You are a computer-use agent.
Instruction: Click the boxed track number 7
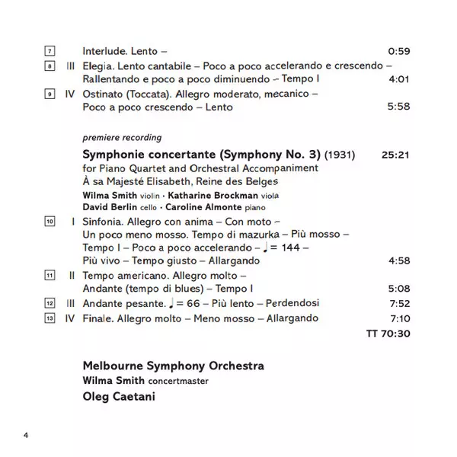click(x=50, y=52)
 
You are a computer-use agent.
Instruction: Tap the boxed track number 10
click(x=50, y=221)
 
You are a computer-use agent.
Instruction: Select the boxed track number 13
click(x=50, y=318)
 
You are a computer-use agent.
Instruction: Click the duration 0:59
click(x=399, y=52)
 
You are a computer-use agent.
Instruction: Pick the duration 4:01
click(x=399, y=79)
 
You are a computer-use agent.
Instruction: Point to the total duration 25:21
click(x=396, y=155)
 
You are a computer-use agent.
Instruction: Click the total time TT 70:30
click(x=388, y=333)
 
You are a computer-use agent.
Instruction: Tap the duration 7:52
click(x=399, y=303)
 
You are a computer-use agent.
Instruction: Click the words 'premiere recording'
click(x=122, y=138)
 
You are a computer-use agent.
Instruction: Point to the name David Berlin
click(x=106, y=207)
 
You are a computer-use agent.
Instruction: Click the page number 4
click(x=25, y=435)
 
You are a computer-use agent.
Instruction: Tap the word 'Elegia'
click(x=97, y=66)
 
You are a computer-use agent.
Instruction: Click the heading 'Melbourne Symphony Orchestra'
click(x=174, y=366)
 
